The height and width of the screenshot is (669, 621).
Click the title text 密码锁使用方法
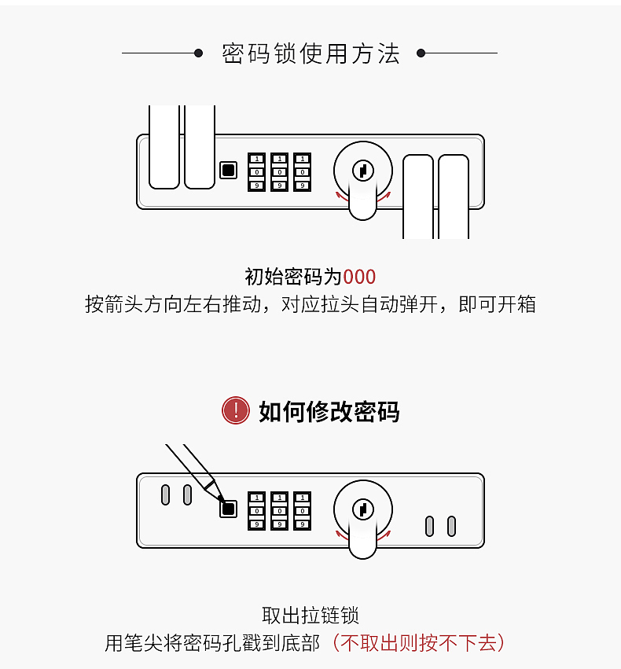[x=310, y=53]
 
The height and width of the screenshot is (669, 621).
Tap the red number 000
[x=359, y=277]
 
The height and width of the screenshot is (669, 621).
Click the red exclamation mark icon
[x=236, y=410]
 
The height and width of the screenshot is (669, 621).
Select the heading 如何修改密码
[x=329, y=411]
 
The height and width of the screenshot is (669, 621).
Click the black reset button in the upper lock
[x=228, y=170]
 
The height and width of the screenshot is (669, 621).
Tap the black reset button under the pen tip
[x=228, y=509]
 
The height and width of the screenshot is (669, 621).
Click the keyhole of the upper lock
[x=362, y=170]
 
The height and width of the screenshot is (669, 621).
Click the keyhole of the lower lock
[x=362, y=509]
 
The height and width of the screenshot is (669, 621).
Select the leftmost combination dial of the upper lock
[x=257, y=171]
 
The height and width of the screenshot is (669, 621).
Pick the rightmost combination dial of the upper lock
[x=302, y=171]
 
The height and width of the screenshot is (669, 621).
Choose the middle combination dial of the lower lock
[x=279, y=510]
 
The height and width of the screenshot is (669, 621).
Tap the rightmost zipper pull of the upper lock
[x=454, y=197]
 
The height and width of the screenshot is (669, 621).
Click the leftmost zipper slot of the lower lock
[x=165, y=494]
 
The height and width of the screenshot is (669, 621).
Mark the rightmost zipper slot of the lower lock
[x=451, y=526]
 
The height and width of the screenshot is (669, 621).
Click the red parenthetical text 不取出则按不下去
[x=417, y=643]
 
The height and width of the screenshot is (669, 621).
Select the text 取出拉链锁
[x=310, y=616]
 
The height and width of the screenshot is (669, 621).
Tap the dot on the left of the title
[x=199, y=53]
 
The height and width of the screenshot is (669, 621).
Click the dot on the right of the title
[x=421, y=53]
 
